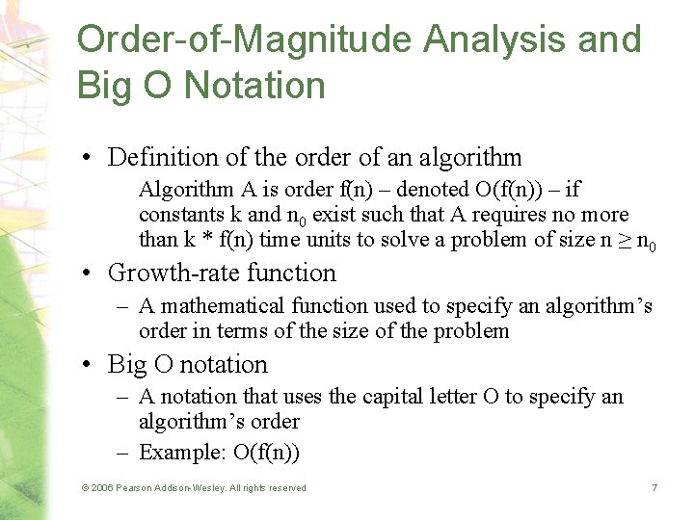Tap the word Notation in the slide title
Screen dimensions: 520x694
(x=255, y=85)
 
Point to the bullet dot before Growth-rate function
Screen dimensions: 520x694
(x=88, y=273)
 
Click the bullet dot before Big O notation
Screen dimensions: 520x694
(x=88, y=365)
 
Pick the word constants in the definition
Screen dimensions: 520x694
(x=178, y=214)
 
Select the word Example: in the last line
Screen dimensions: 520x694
(x=176, y=452)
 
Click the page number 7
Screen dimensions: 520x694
(x=654, y=488)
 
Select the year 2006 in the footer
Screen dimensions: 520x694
(x=100, y=488)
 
